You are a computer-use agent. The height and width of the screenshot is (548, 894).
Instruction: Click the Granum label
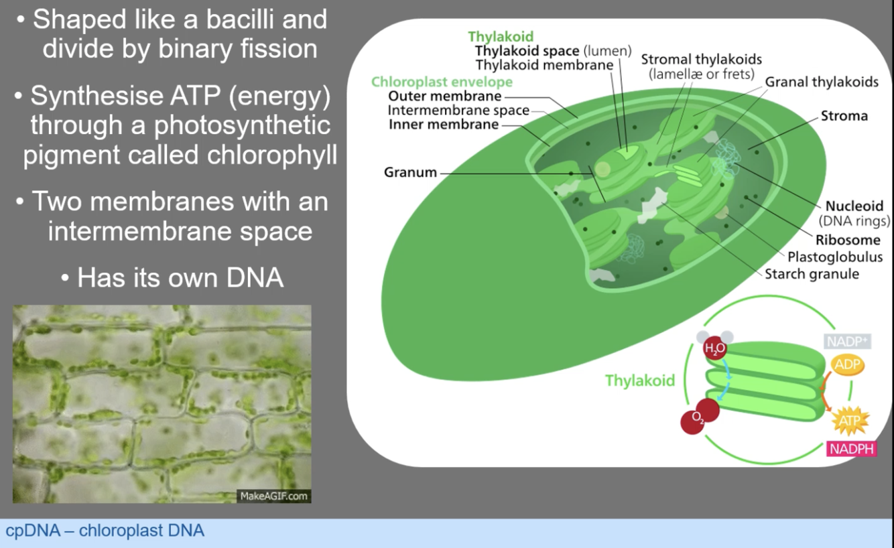coord(409,173)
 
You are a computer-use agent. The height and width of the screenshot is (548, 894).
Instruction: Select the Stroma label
coord(844,116)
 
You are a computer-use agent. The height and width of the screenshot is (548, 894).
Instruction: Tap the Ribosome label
coord(848,241)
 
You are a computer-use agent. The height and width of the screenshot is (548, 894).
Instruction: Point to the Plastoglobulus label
coord(835,257)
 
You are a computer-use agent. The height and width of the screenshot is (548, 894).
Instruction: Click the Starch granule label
coord(812,274)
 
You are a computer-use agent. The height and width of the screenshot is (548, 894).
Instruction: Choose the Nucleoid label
coord(854,206)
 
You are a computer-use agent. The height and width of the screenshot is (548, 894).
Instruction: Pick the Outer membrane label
coord(436,96)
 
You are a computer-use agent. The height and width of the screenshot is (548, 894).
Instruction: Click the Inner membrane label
coord(444,125)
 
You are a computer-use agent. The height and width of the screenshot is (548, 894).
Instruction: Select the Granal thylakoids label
coord(822,82)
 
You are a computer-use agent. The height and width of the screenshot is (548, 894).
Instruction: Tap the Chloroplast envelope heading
coord(442,82)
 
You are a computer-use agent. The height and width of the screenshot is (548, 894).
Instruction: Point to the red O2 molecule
coord(698,418)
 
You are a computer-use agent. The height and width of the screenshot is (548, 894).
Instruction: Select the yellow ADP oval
coord(847,364)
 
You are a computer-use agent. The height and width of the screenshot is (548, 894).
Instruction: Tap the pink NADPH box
coord(851,449)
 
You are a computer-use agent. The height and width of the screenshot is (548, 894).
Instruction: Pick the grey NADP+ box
coord(847,342)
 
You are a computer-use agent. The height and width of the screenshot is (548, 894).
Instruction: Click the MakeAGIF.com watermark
coord(273,496)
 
